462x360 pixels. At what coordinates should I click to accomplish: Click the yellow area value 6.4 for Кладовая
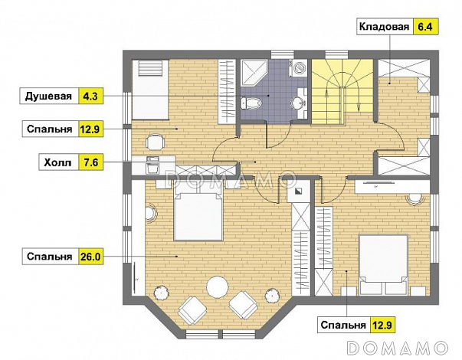click(x=424, y=28)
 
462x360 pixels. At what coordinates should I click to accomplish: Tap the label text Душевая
click(x=48, y=97)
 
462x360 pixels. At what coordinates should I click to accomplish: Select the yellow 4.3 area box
click(x=90, y=97)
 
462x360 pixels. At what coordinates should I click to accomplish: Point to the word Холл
click(x=56, y=162)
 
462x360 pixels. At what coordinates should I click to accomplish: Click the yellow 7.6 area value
click(x=90, y=162)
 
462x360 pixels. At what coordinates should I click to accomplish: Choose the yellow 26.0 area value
click(x=90, y=257)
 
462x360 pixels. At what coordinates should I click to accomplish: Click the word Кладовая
click(x=383, y=28)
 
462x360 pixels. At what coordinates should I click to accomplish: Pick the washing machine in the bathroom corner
click(x=300, y=67)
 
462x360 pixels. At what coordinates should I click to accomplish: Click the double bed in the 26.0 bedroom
click(x=198, y=214)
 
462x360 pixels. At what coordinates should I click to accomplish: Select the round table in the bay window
click(x=218, y=286)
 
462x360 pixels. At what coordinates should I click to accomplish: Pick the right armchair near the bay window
click(x=244, y=305)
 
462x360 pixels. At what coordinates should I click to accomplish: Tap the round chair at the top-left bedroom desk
click(x=155, y=141)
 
